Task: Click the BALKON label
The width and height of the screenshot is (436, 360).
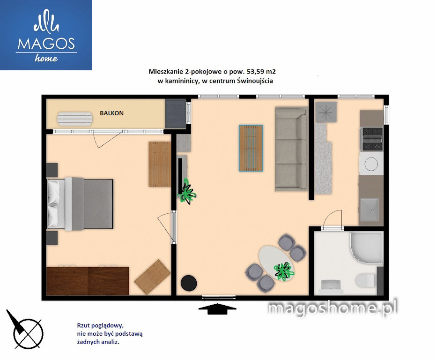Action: pos(112,113)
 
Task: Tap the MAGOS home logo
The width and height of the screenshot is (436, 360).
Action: pos(46,35)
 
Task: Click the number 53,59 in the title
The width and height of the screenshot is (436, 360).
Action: pos(255,72)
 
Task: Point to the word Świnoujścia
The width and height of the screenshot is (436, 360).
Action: pos(255,81)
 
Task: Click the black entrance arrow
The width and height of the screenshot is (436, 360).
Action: pos(217,308)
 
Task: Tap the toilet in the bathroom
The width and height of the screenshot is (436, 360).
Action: pos(365,280)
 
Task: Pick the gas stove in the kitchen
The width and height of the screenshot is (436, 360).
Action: pos(371,139)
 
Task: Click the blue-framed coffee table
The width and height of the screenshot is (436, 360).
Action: pos(251,148)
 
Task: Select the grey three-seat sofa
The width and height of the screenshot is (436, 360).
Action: pos(292,149)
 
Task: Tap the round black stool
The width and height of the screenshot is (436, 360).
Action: pos(189,283)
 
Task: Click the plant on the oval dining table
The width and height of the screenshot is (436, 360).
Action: pos(284,271)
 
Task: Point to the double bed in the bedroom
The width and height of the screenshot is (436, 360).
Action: pos(80,203)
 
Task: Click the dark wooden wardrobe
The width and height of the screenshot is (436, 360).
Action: pos(88,281)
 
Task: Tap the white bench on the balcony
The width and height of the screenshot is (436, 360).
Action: pos(75,119)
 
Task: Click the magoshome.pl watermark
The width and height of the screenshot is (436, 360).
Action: pos(333,308)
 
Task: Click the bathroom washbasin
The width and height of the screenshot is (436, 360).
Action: pos(331,286)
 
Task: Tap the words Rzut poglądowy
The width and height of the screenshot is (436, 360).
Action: pos(100,325)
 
